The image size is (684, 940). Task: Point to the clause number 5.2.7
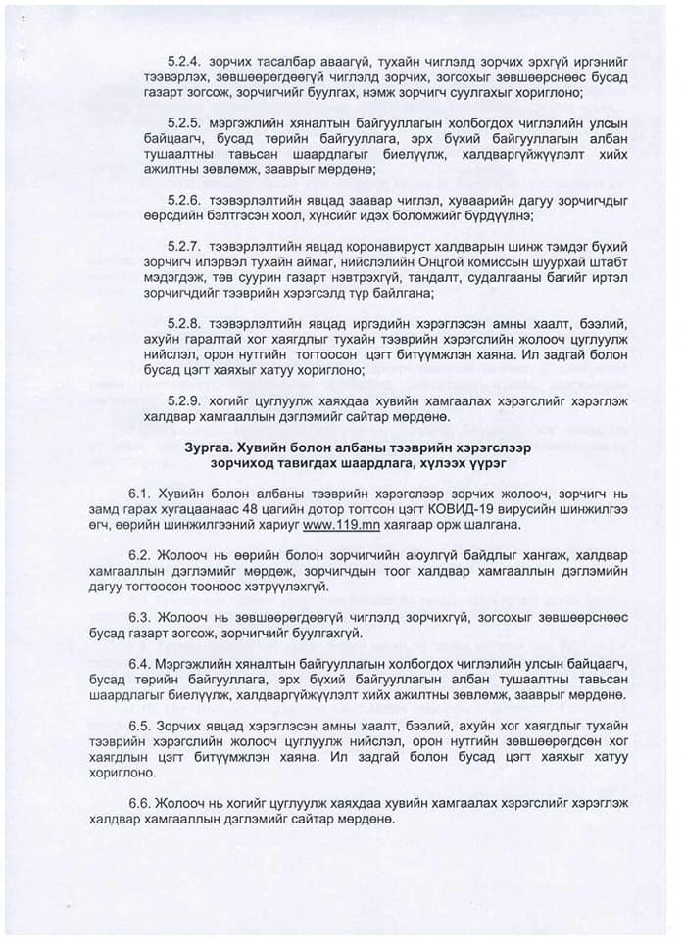pos(184,245)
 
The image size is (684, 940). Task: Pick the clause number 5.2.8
pos(184,323)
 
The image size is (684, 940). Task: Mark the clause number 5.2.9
pos(184,401)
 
